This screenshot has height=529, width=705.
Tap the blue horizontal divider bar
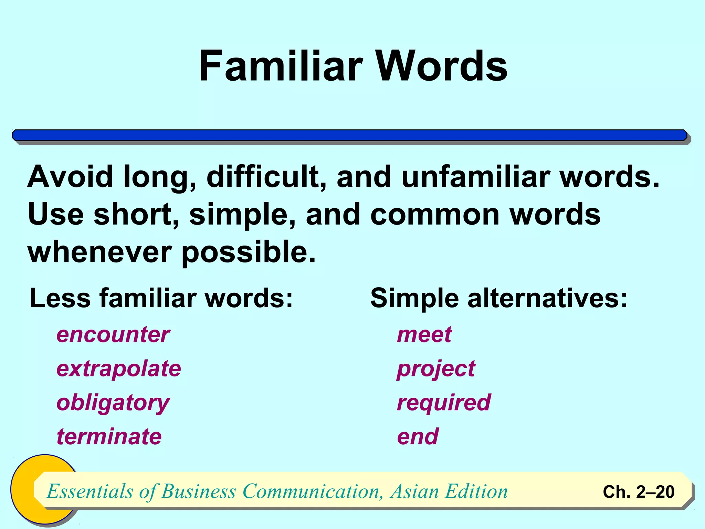350,135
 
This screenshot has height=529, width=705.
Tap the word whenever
99,252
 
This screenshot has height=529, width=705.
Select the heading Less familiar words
161,298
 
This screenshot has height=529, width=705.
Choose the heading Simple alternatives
499,298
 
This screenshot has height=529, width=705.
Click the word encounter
113,334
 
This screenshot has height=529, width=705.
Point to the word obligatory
113,403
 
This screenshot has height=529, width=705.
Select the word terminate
109,437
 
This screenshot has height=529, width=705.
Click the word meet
424,334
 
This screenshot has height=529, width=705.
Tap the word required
444,403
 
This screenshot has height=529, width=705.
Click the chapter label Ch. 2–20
639,492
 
